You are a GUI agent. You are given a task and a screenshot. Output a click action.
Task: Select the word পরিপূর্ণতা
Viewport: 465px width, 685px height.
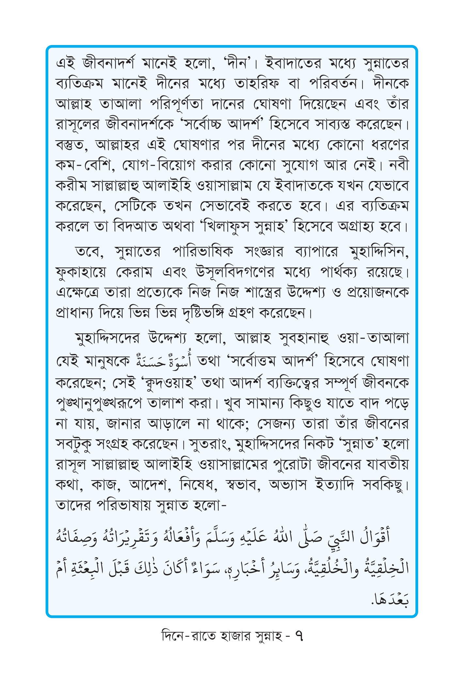pos(177,104)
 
